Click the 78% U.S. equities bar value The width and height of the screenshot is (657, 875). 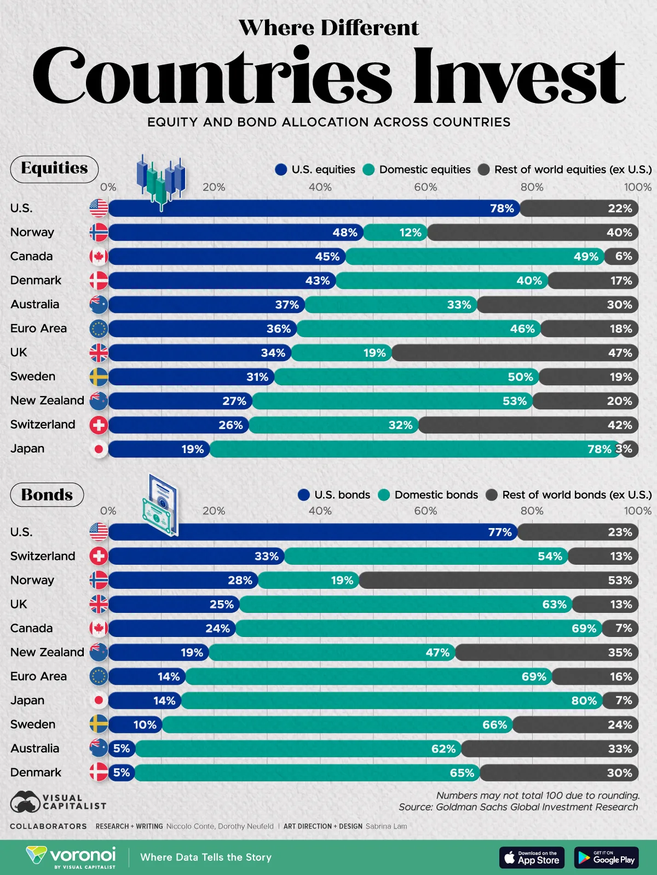[502, 208]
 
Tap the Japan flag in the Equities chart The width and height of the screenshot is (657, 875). [99, 449]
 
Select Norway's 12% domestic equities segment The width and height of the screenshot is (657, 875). [410, 233]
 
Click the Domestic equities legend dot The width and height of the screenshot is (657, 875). [368, 170]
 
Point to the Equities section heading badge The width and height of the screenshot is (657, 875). [54, 169]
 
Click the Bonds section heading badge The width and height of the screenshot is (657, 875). [47, 495]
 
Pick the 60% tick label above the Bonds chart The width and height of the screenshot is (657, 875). [425, 511]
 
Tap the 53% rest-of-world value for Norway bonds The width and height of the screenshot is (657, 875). [620, 581]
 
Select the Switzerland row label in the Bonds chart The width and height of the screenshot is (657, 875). [43, 556]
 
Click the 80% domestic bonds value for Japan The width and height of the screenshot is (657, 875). [584, 701]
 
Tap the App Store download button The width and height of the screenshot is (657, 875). [531, 857]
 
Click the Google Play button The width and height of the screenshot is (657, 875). [606, 857]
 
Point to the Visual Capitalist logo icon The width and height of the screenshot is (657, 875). [25, 802]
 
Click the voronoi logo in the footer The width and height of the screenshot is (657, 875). [71, 856]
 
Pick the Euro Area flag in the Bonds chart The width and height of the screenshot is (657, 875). [99, 677]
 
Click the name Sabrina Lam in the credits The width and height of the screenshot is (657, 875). [386, 826]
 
